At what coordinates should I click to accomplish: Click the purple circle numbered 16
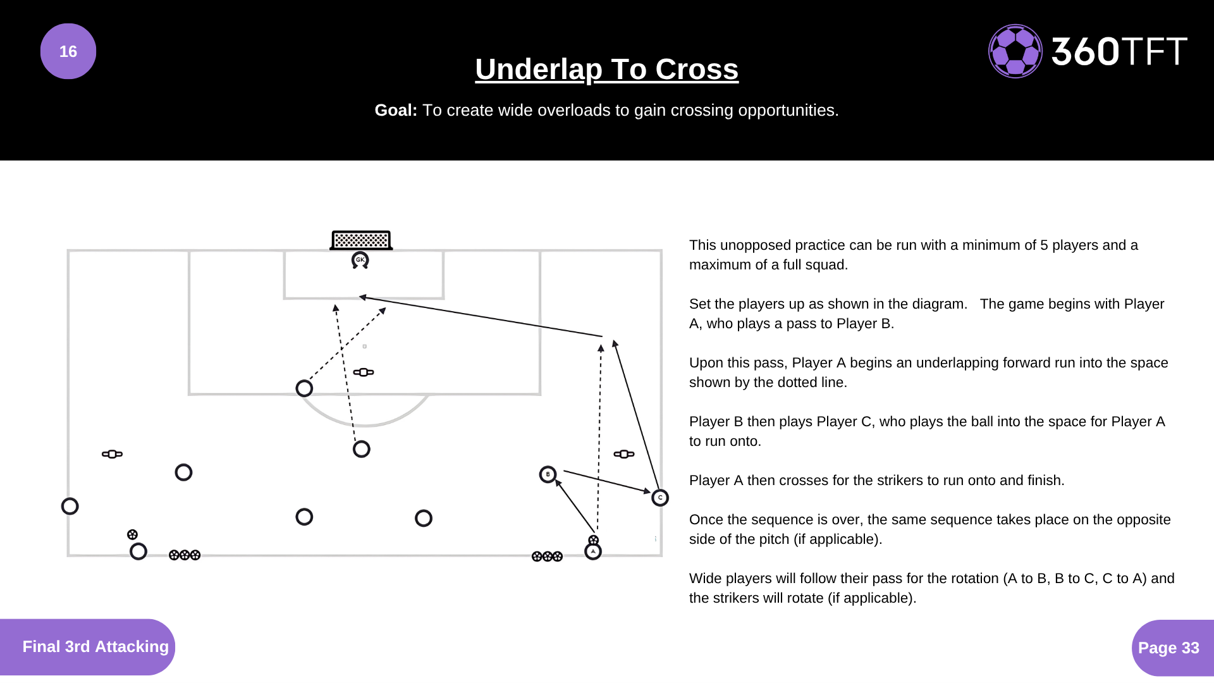68,51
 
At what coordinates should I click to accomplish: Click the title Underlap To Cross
606,69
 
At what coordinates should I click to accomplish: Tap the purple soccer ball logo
1015,51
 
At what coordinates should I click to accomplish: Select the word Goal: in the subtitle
396,110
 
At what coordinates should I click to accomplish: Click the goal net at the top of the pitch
361,240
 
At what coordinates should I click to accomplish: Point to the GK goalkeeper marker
360,260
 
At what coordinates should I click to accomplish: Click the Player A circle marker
593,551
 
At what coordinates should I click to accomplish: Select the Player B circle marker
548,474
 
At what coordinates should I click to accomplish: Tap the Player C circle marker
660,498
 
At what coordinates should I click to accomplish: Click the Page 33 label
1168,648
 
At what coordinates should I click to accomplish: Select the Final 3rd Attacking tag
95,646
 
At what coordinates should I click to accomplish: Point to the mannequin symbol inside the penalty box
364,372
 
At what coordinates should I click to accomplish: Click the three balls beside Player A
547,557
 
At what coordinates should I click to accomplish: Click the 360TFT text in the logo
1119,51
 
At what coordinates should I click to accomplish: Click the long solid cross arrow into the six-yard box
481,316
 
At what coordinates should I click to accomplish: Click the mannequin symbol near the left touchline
112,454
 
